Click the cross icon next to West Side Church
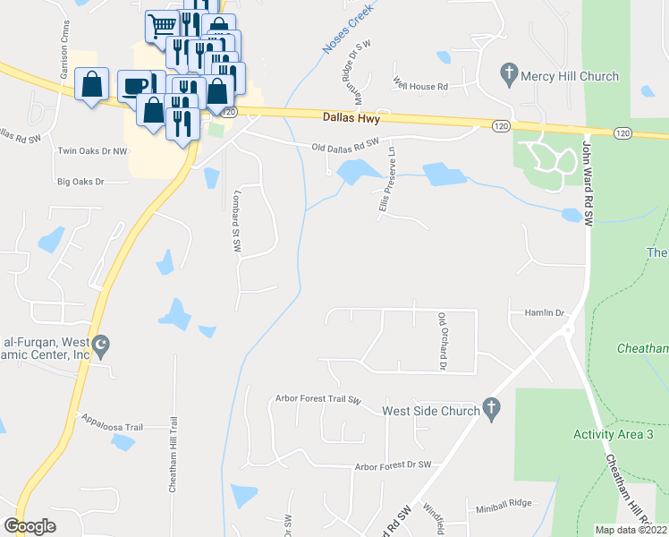[x=490, y=408]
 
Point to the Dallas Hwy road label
[x=351, y=117]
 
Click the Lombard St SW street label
[x=238, y=219]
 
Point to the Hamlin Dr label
[x=549, y=313]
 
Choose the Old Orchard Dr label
[x=442, y=341]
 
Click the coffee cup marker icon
[x=135, y=85]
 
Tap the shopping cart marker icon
[x=162, y=24]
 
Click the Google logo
[x=30, y=526]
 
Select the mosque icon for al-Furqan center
[x=101, y=344]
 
